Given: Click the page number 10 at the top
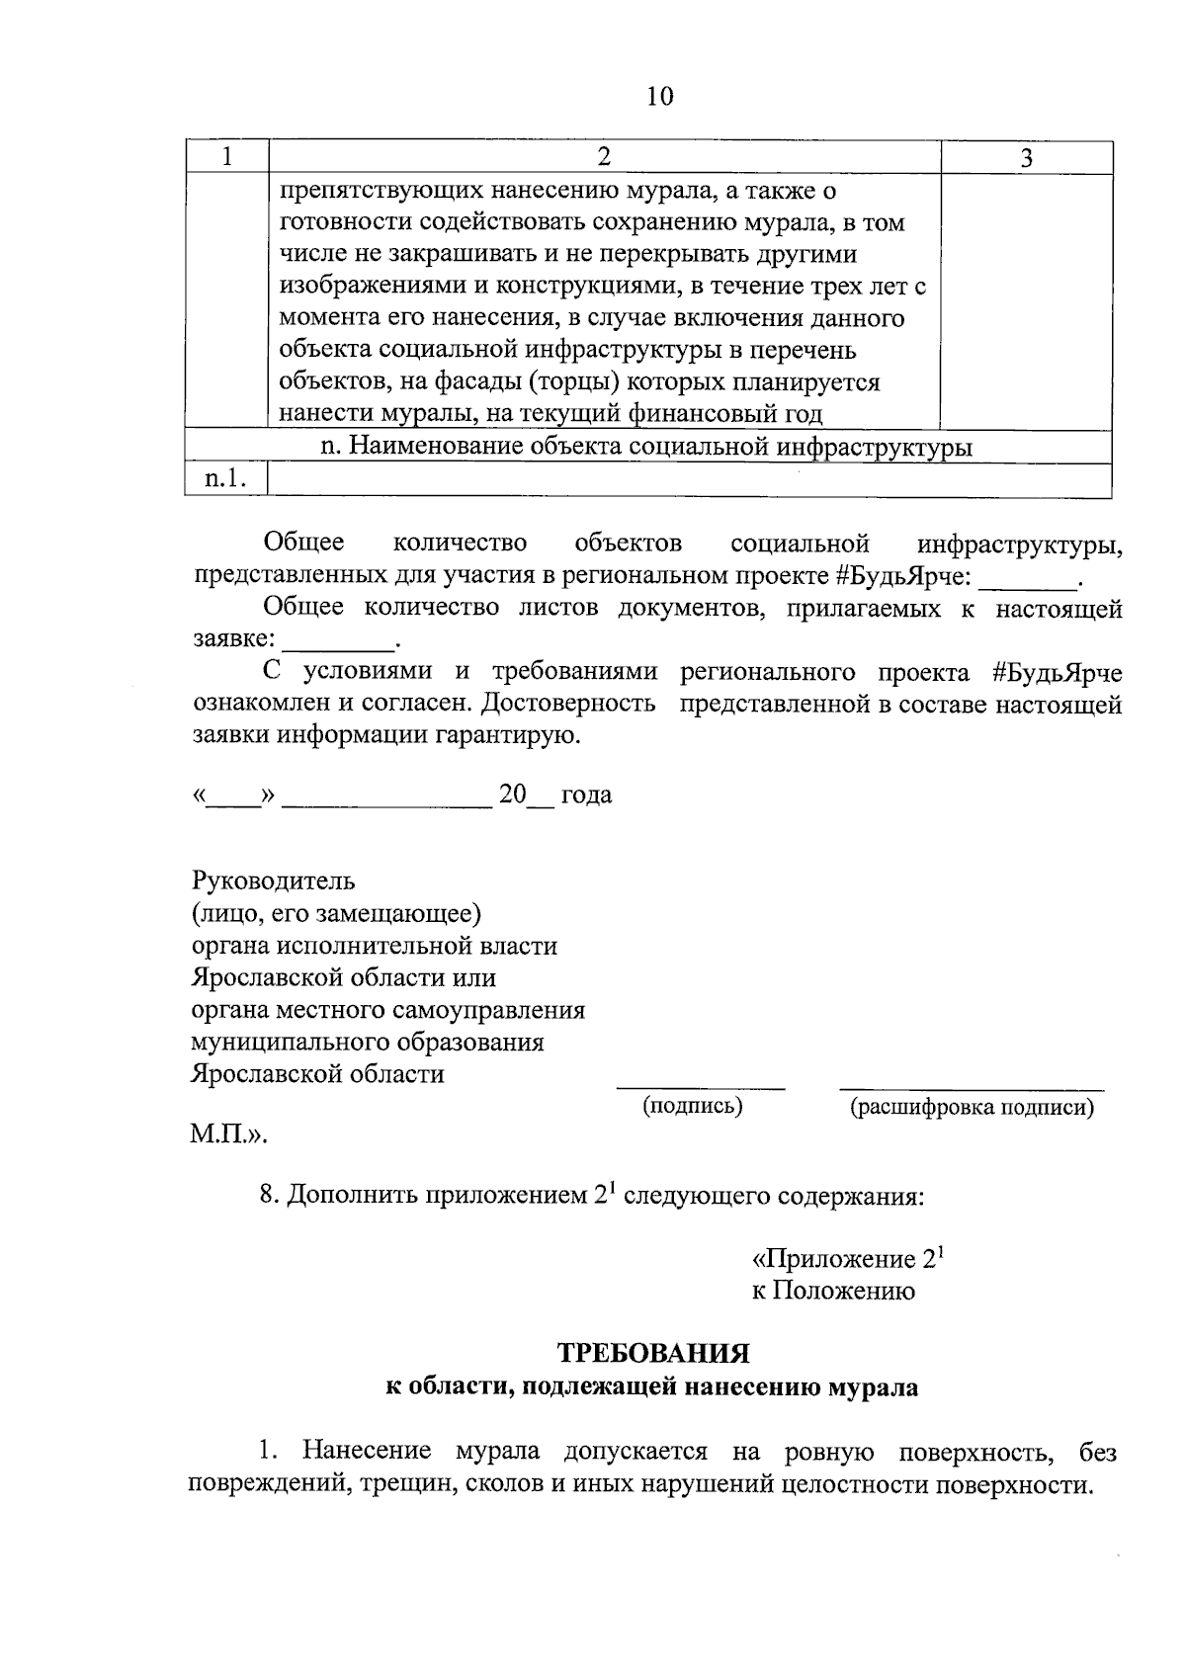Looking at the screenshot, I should (660, 96).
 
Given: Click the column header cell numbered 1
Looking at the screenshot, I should (227, 157).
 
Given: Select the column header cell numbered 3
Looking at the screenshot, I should (1026, 158).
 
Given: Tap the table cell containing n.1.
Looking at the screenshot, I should (225, 479).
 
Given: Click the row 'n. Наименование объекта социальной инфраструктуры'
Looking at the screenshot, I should (647, 448).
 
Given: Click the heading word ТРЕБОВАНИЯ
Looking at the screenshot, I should (653, 1352).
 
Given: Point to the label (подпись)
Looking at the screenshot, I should (693, 1105).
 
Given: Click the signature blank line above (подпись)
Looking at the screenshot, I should (701, 1087).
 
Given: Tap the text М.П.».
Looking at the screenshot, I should (228, 1135).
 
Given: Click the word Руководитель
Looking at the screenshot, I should (273, 880).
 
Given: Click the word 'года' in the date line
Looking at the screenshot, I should (587, 795).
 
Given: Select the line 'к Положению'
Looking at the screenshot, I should (832, 1291).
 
